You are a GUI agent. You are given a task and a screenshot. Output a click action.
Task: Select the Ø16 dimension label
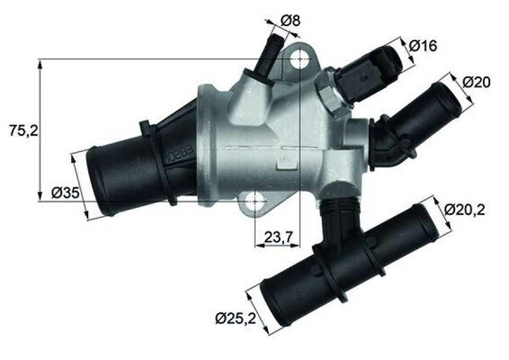pos(423,45)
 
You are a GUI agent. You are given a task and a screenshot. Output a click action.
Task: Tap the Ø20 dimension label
pos(477,82)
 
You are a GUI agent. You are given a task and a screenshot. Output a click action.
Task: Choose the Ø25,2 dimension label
pos(236,319)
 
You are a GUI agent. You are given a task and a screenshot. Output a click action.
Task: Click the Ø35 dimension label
pos(65,193)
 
